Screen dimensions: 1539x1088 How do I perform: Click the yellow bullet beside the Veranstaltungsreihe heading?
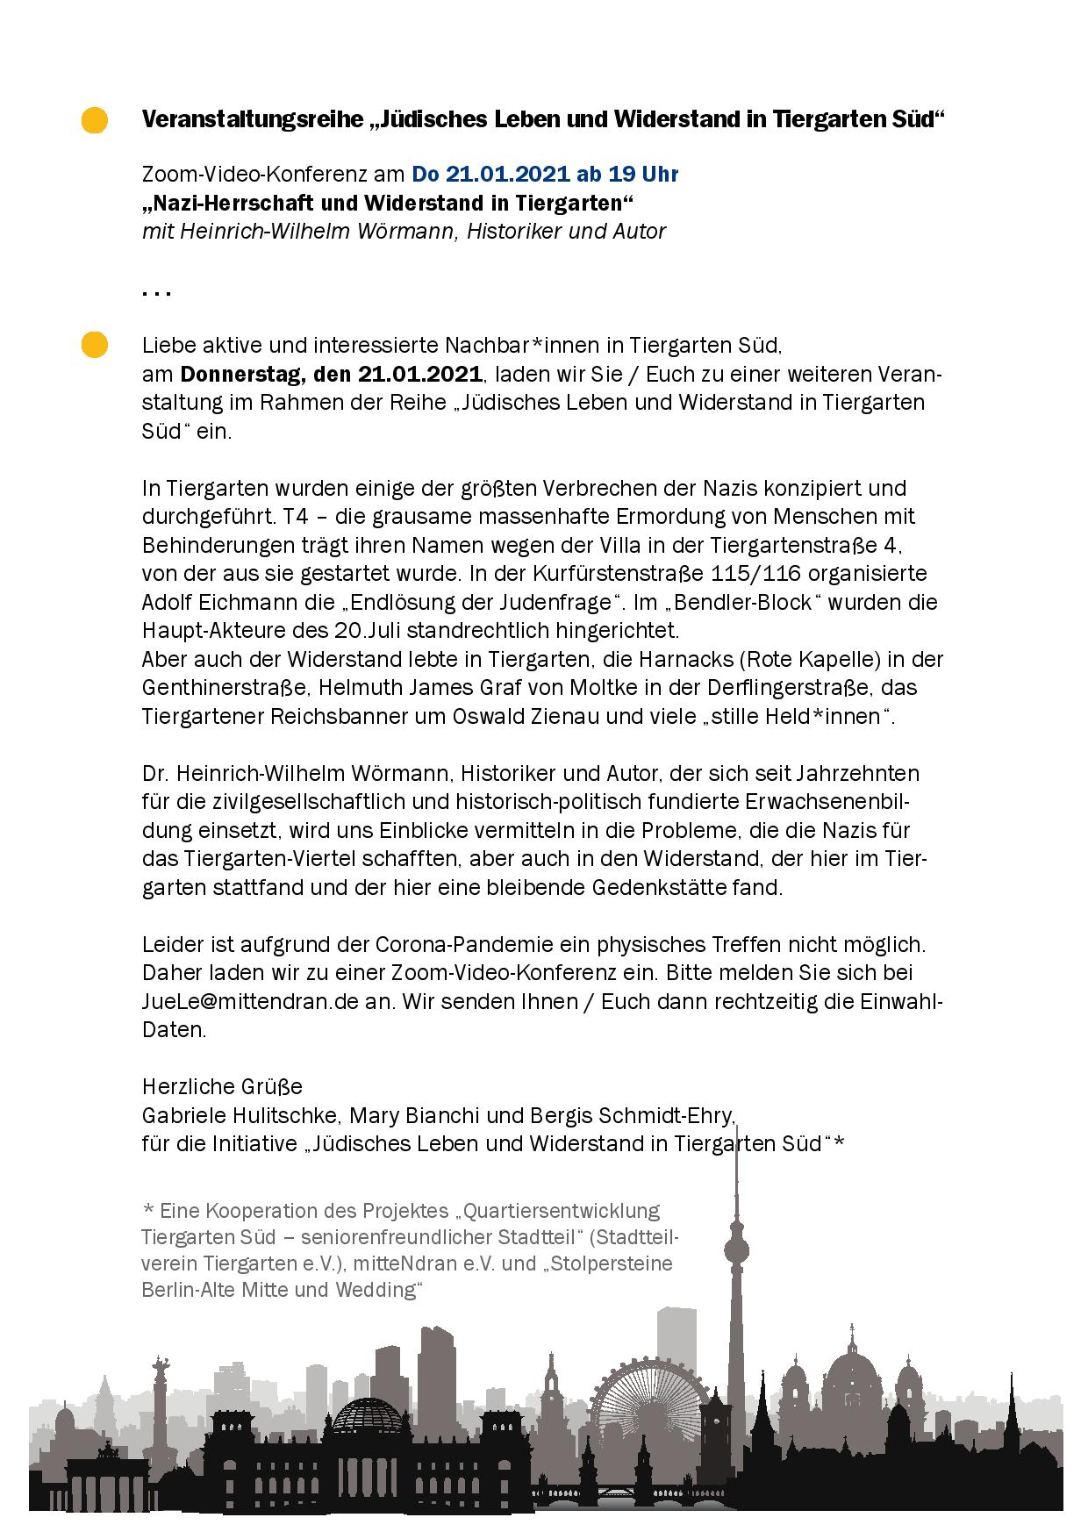click(94, 120)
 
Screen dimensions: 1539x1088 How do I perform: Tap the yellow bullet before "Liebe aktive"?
click(94, 345)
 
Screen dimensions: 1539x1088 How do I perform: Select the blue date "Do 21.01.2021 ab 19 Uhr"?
click(545, 174)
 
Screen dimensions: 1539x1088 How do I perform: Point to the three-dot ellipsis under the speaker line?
click(156, 293)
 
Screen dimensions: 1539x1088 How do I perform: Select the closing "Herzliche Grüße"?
click(222, 1086)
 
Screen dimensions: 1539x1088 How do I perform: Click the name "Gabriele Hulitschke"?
click(240, 1115)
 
